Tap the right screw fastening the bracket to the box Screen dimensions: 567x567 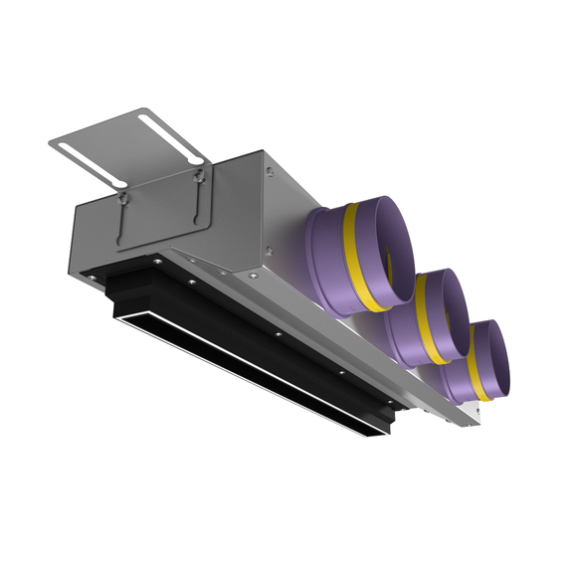[201, 177]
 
